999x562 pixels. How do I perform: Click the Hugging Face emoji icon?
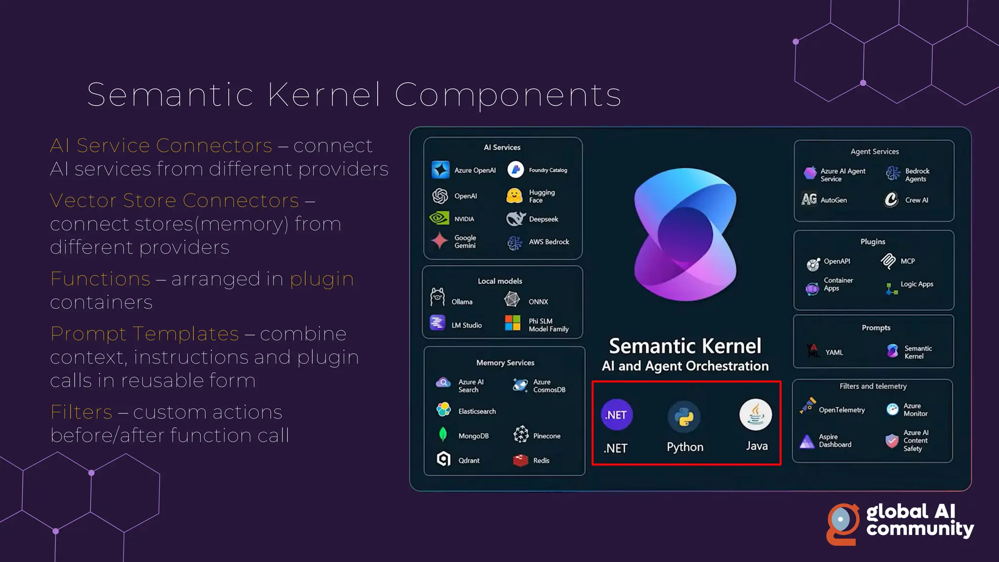(x=514, y=196)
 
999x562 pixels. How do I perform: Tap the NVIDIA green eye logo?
(x=439, y=218)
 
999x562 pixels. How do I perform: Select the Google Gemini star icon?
(x=440, y=241)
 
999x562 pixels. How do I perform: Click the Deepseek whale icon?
(x=515, y=219)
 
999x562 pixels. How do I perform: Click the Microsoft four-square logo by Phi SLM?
(x=513, y=323)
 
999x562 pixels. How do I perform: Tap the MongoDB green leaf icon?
(x=443, y=435)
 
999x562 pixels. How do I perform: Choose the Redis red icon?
(x=520, y=460)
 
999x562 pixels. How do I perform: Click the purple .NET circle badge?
(x=617, y=415)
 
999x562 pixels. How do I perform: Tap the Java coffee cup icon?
(x=756, y=415)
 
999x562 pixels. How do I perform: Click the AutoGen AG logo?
(x=809, y=199)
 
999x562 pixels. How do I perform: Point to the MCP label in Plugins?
(x=907, y=261)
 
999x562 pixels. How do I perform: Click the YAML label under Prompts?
(x=834, y=352)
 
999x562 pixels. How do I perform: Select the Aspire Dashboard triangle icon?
(x=807, y=441)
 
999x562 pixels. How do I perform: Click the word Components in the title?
(x=508, y=95)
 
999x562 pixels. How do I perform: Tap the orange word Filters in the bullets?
(x=81, y=412)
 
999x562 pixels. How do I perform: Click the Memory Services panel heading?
(x=505, y=363)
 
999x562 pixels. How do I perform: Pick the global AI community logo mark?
(x=842, y=523)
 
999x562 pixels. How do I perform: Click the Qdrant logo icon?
(x=443, y=459)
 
